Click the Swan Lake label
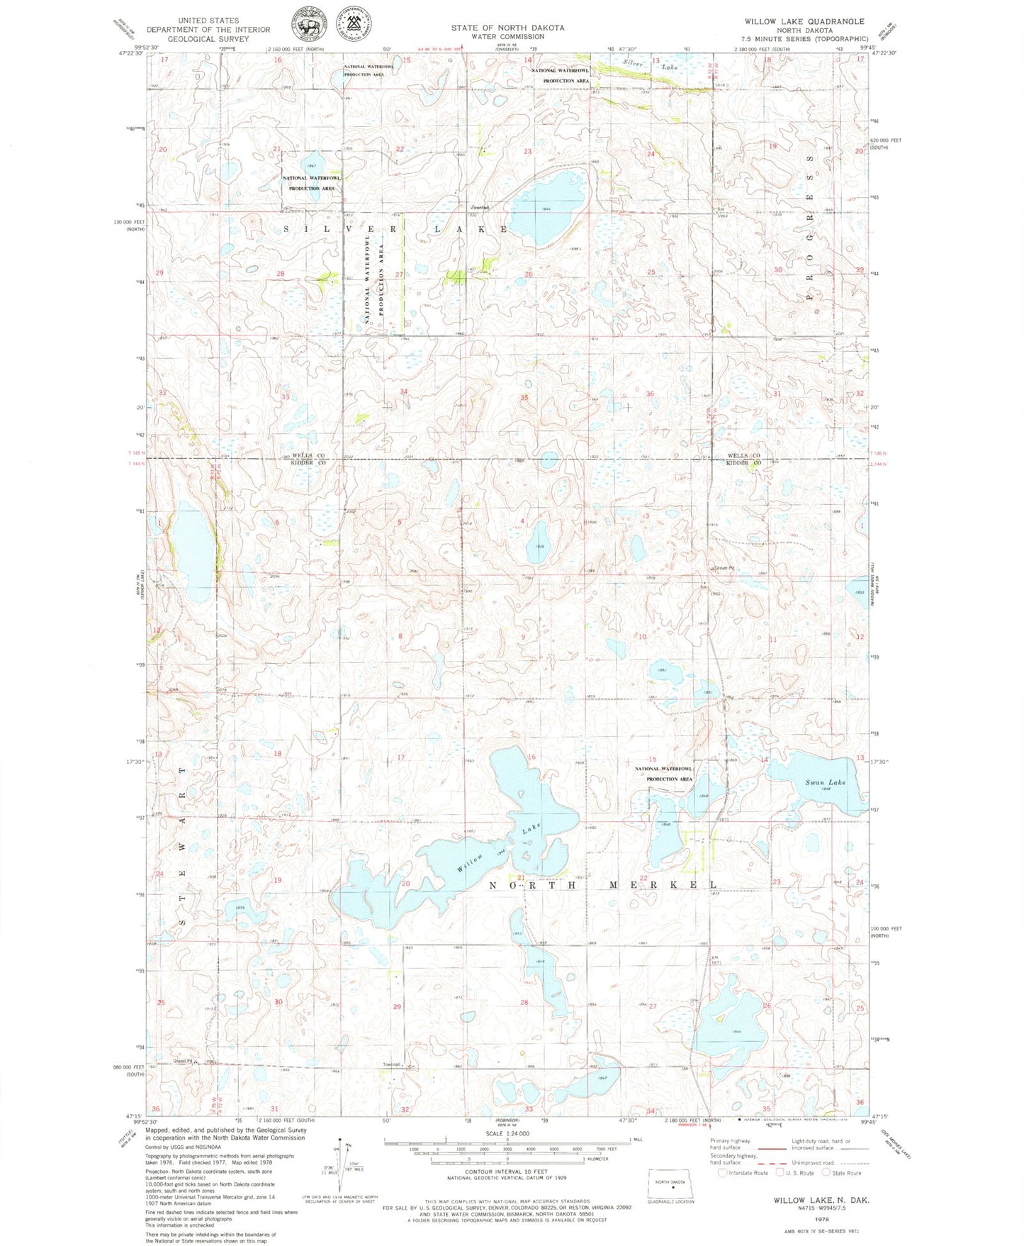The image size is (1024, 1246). point(825,782)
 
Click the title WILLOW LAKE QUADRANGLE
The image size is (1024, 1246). point(804,21)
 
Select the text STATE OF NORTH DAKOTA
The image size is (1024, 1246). point(507,28)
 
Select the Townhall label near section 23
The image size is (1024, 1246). point(480,208)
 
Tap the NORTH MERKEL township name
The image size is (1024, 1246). point(603,884)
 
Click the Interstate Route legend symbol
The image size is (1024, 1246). point(722,1172)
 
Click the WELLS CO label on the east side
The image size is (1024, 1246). point(743,455)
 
